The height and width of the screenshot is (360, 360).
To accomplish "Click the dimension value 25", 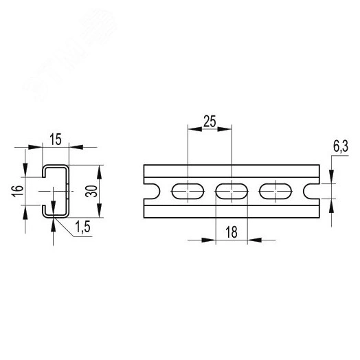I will [x=210, y=122].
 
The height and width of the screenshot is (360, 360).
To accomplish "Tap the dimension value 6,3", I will [x=340, y=146].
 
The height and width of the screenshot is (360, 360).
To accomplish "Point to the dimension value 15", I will [x=56, y=139].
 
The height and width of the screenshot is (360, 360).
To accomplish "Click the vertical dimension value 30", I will [x=90, y=192].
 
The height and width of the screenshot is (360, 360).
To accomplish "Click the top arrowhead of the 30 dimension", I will [x=102, y=169].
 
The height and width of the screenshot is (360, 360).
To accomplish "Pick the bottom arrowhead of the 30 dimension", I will [x=102, y=214].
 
